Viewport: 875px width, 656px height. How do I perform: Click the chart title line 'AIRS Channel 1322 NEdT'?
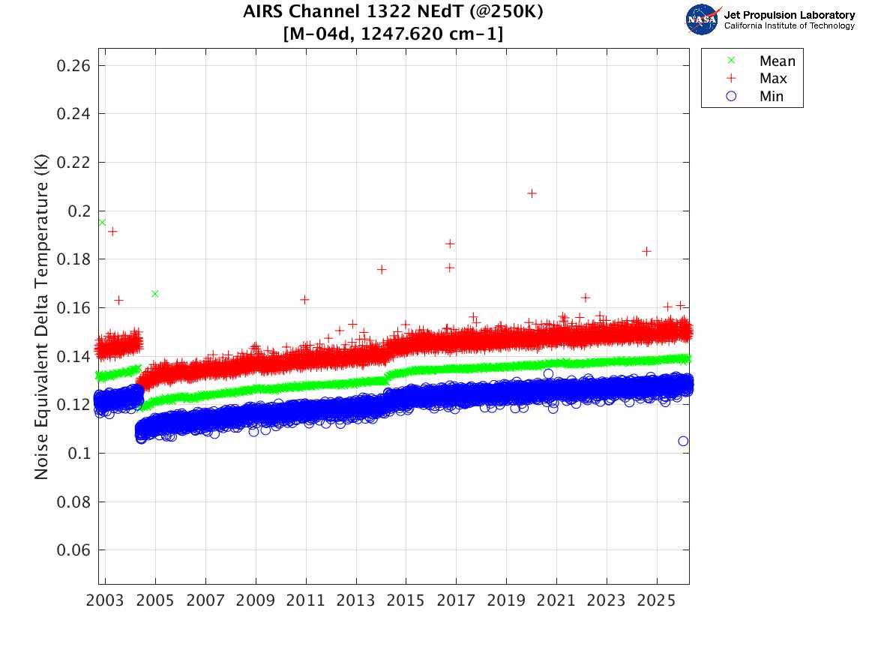click(x=394, y=13)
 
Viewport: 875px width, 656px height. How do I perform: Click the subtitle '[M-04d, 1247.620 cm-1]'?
click(x=394, y=33)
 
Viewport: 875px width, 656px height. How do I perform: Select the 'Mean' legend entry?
click(x=777, y=61)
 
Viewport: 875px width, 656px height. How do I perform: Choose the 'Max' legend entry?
click(x=773, y=79)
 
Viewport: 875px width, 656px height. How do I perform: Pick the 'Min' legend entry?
click(x=772, y=96)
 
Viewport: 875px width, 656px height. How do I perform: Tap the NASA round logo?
click(x=702, y=19)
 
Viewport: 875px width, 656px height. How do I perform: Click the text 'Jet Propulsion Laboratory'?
click(x=790, y=14)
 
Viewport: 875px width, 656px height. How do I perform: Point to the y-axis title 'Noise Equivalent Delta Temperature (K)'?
click(x=42, y=322)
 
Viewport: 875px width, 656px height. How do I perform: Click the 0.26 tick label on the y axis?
click(x=73, y=66)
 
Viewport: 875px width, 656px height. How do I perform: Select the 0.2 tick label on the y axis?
click(x=79, y=211)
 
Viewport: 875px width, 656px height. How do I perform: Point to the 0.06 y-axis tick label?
click(x=73, y=550)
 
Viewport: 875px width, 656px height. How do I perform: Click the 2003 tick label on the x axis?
click(x=106, y=601)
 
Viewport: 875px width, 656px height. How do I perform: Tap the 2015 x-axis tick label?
click(x=406, y=601)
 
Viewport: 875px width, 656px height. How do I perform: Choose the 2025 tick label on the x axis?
click(x=657, y=601)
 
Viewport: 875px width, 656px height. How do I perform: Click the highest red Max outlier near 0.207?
click(x=532, y=193)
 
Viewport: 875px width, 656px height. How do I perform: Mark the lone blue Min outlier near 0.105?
click(x=683, y=441)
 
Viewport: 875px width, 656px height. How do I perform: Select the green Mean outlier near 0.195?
click(x=102, y=222)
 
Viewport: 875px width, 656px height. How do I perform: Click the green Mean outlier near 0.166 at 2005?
click(x=155, y=293)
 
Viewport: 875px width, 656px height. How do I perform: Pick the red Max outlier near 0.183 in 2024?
click(x=646, y=251)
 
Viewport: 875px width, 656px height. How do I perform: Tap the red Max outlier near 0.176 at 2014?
click(x=381, y=269)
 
